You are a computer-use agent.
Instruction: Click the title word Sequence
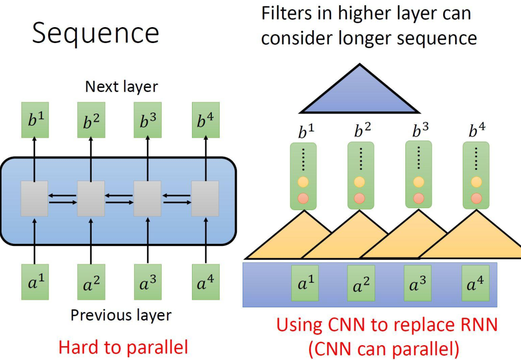pos(95,34)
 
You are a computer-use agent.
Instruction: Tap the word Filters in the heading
pos(291,14)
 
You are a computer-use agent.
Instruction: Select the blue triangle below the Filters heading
pos(360,94)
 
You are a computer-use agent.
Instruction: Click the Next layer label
pos(121,86)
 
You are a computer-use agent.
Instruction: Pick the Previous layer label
pos(121,314)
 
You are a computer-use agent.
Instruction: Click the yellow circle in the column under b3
pos(419,182)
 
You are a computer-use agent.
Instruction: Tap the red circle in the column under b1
pos(303,198)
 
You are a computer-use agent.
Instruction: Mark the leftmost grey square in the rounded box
pos(35,198)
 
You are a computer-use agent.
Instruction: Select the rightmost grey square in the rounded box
pos(205,198)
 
